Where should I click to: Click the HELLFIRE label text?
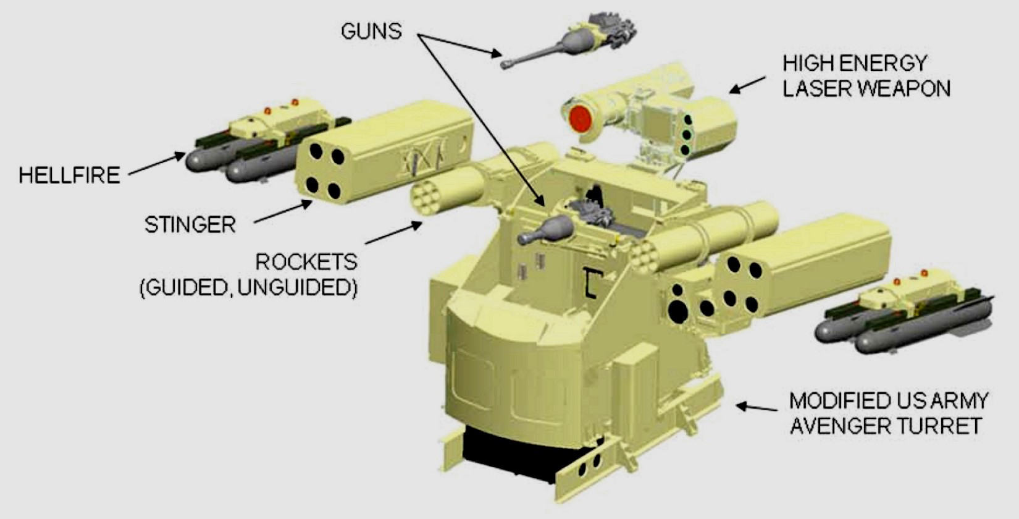(x=69, y=175)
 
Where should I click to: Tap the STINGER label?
(x=190, y=224)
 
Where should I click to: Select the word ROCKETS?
(x=306, y=262)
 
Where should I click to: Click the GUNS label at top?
(x=371, y=31)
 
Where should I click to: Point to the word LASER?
(x=819, y=88)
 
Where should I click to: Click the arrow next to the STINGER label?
(x=282, y=211)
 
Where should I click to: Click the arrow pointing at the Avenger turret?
(x=757, y=407)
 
